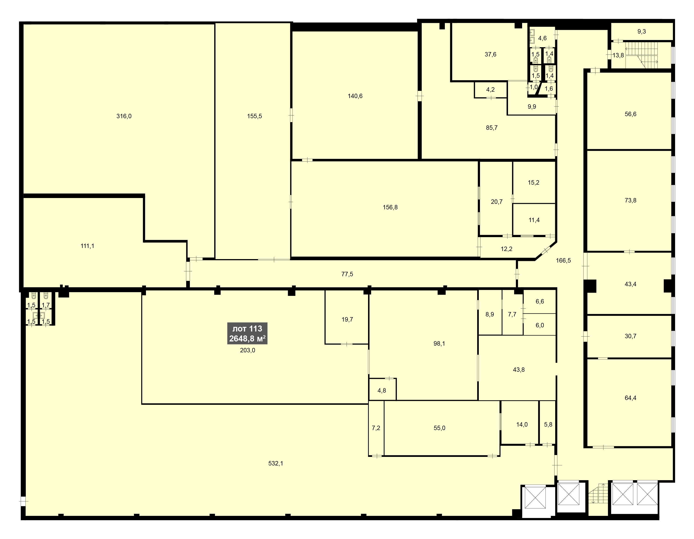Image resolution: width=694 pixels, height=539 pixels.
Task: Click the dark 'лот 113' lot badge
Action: (248, 333)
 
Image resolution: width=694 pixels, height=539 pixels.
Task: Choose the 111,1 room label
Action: (87, 246)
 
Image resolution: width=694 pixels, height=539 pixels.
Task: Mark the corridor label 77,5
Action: (347, 274)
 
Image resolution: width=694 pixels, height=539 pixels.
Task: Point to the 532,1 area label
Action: (276, 464)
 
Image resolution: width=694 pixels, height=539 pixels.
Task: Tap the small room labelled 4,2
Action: (490, 90)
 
